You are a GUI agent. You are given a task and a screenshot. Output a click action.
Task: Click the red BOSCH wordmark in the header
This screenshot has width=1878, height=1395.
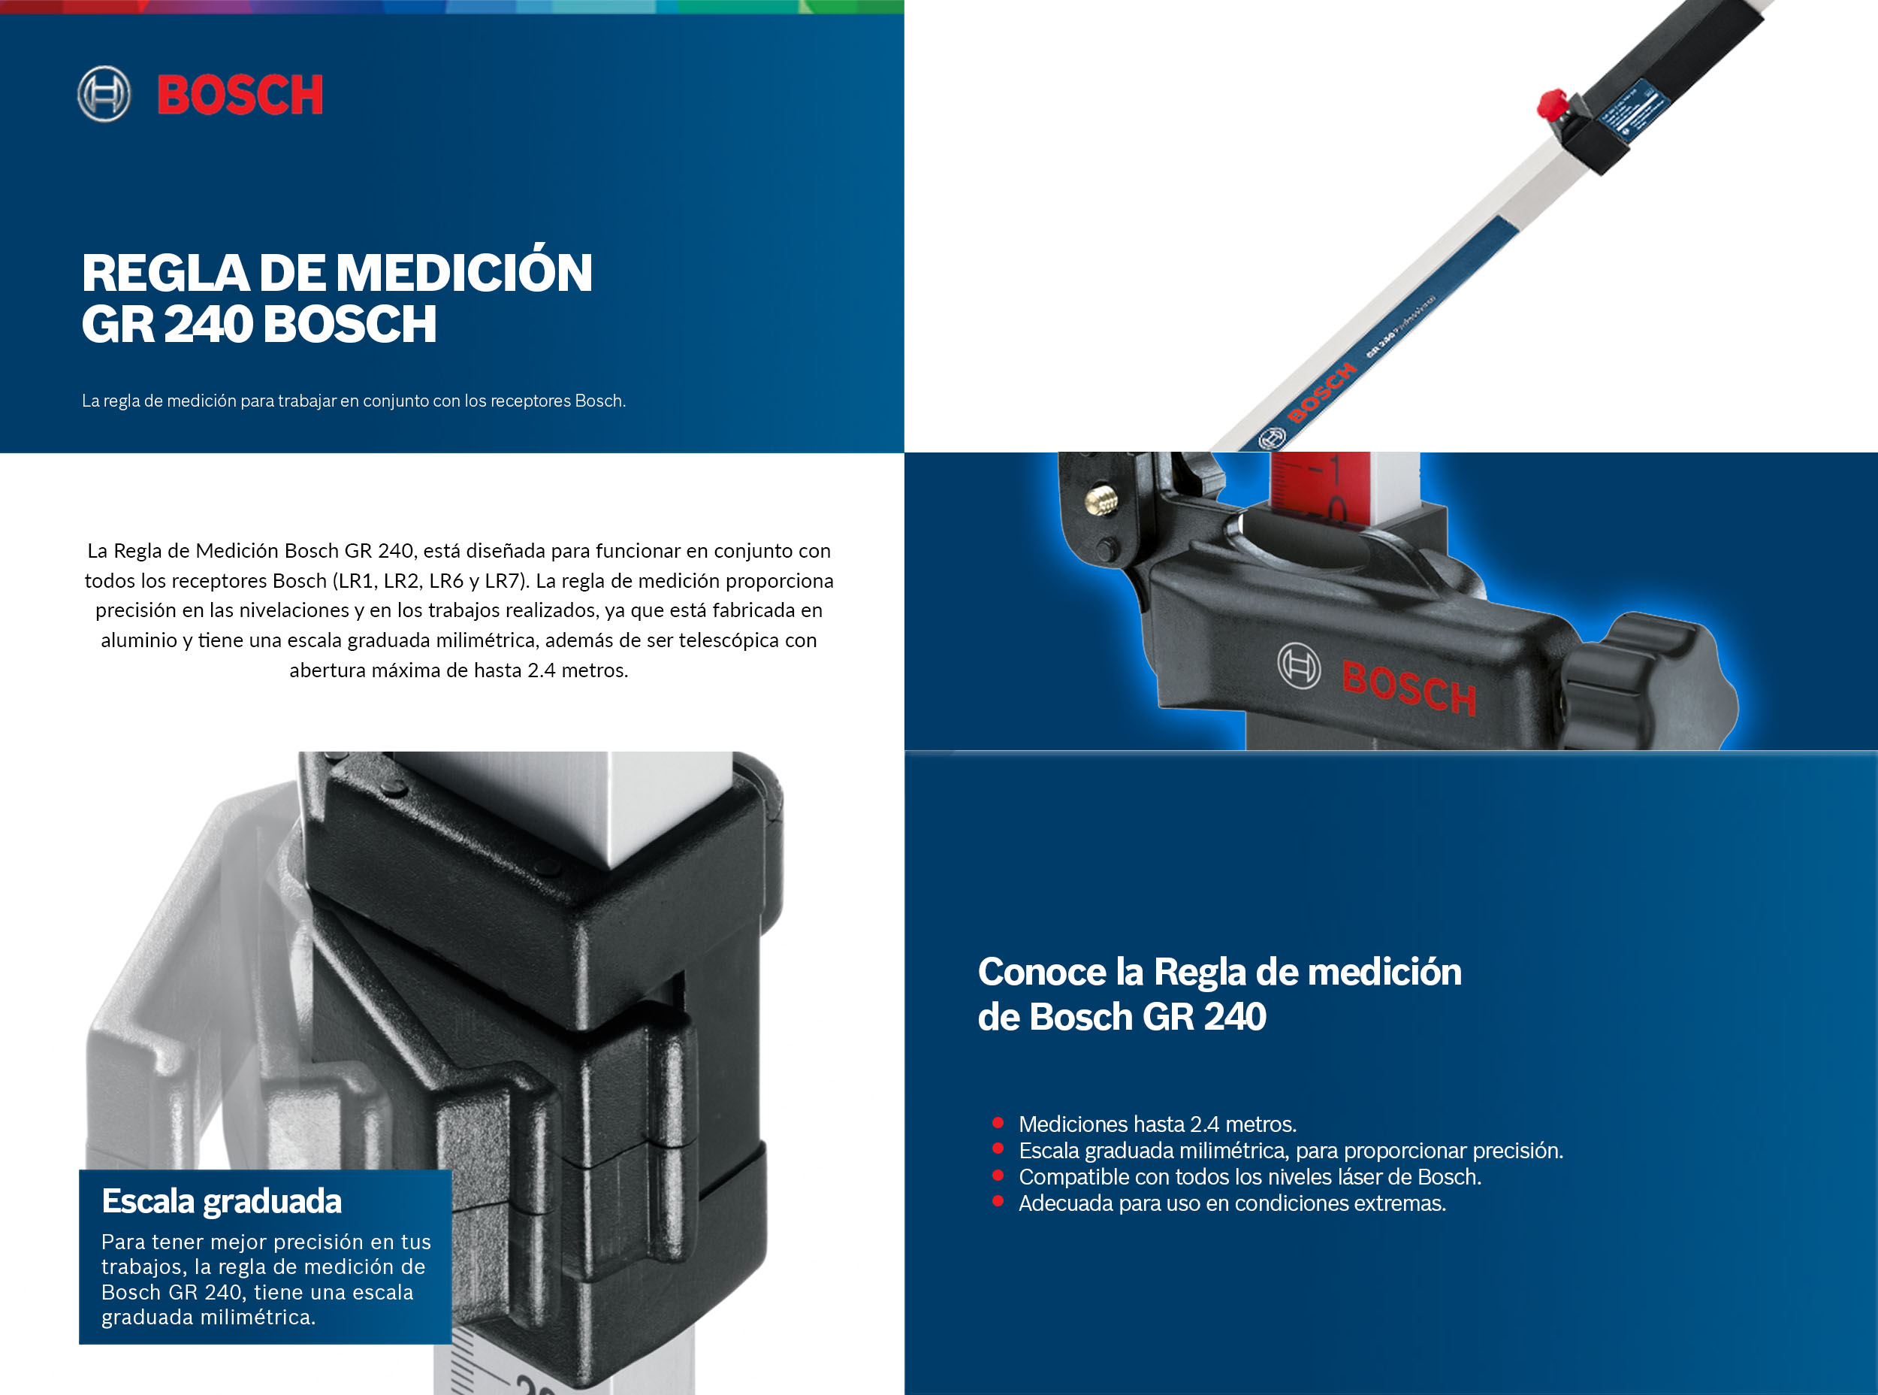coord(240,95)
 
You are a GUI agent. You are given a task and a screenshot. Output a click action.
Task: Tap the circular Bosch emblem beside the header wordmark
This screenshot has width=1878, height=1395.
coord(104,94)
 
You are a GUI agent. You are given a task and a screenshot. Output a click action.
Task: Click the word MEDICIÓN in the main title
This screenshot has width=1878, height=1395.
coord(464,274)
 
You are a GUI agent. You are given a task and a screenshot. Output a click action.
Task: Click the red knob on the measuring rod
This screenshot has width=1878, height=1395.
coord(1550,104)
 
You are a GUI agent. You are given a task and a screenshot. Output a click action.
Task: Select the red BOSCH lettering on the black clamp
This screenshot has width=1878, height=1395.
coord(1408,686)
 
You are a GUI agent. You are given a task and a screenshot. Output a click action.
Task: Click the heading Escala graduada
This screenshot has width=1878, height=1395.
coord(221,1201)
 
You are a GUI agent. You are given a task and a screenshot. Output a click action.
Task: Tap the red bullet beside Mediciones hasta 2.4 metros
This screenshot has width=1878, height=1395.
coord(998,1123)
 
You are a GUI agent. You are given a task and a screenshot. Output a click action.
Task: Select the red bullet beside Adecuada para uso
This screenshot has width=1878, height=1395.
coord(998,1202)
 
